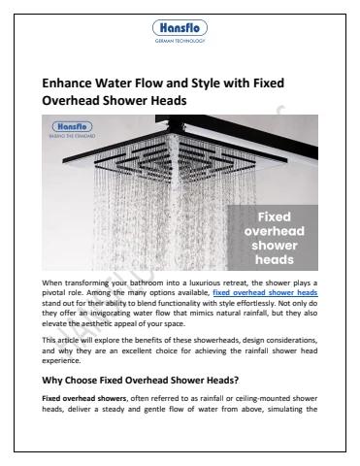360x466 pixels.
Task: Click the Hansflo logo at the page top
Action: point(180,28)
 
